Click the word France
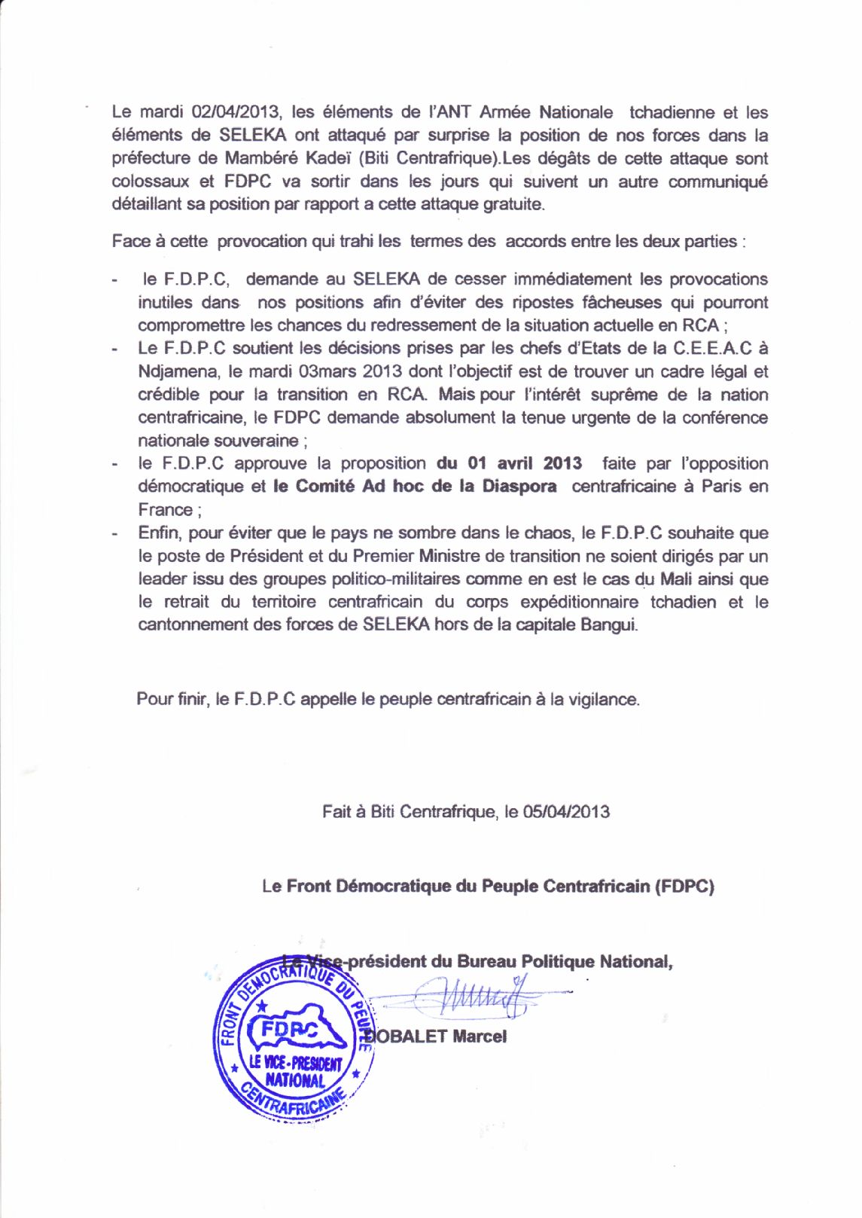pyautogui.click(x=165, y=510)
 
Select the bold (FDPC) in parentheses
pyautogui.click(x=684, y=886)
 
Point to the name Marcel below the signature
pyautogui.click(x=480, y=1036)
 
